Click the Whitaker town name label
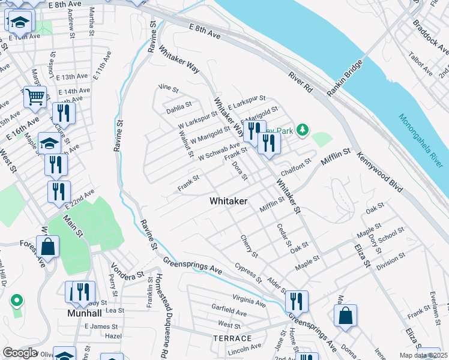click(x=228, y=202)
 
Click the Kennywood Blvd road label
click(x=379, y=172)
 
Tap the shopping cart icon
click(x=35, y=96)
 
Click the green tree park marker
click(x=304, y=129)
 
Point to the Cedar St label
click(x=284, y=237)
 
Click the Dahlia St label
click(x=179, y=107)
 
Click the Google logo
click(x=20, y=353)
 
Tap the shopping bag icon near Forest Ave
click(x=47, y=247)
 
